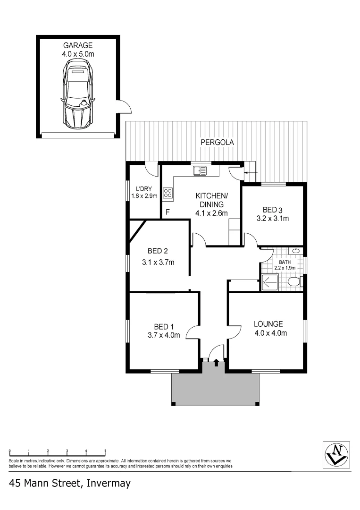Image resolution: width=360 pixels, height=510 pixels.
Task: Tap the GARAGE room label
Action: pyautogui.click(x=77, y=45)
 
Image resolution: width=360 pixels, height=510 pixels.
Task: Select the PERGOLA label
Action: pyautogui.click(x=217, y=142)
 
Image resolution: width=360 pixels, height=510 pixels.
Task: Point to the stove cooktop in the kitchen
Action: pyautogui.click(x=167, y=193)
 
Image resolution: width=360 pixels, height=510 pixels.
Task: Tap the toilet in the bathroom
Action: pyautogui.click(x=293, y=282)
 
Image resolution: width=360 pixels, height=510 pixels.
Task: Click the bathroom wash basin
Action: pyautogui.click(x=295, y=251)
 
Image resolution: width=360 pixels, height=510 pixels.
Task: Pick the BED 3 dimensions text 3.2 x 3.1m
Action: pyautogui.click(x=272, y=219)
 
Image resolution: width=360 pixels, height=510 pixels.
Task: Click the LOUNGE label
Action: pyautogui.click(x=268, y=324)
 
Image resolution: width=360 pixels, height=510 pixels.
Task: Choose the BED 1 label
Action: pyautogui.click(x=164, y=326)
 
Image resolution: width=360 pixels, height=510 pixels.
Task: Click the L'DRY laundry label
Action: pyautogui.click(x=143, y=188)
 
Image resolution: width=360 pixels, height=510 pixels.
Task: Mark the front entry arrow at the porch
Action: pyautogui.click(x=216, y=363)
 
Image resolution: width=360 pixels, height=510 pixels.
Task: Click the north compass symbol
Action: pyautogui.click(x=336, y=454)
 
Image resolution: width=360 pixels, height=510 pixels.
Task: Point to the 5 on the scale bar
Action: pyautogui.click(x=105, y=450)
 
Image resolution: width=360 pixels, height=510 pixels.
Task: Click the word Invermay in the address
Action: pyautogui.click(x=108, y=484)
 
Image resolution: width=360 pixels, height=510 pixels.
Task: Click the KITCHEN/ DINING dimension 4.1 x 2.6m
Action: pyautogui.click(x=212, y=213)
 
